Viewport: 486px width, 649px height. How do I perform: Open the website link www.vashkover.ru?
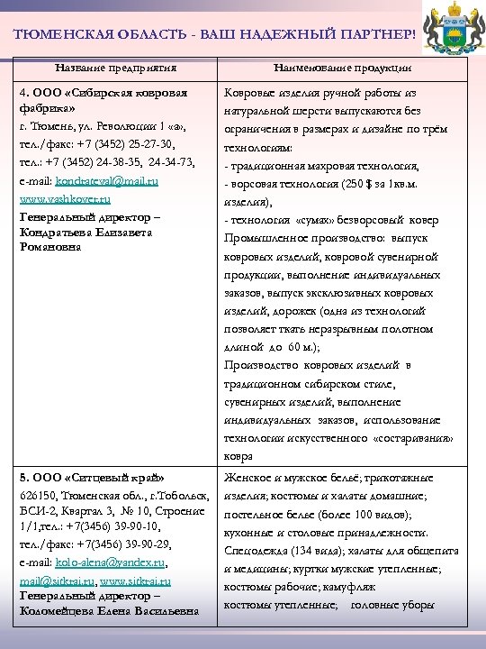pos(64,198)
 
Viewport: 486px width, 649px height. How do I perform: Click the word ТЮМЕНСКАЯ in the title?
pos(58,33)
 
